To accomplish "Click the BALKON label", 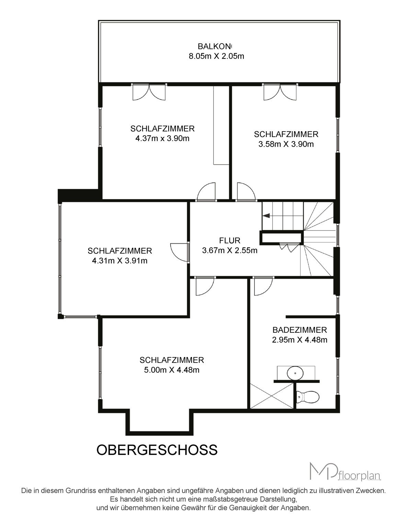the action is pos(215,46).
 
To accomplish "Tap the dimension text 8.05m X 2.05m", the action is pos(216,56).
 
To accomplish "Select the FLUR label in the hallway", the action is pos(230,241).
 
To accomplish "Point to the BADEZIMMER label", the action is pos(300,330).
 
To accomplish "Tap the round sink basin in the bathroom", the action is pos(295,373).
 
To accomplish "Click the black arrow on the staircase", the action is pos(267,215).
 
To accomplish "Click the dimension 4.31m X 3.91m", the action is pos(120,261).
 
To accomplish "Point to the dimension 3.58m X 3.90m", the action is pos(286,144).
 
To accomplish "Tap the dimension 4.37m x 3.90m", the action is pos(162,138).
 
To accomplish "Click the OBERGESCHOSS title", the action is pos(157,449).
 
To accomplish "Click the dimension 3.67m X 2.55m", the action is pos(230,250).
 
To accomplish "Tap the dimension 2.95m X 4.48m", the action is pos(300,340).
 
